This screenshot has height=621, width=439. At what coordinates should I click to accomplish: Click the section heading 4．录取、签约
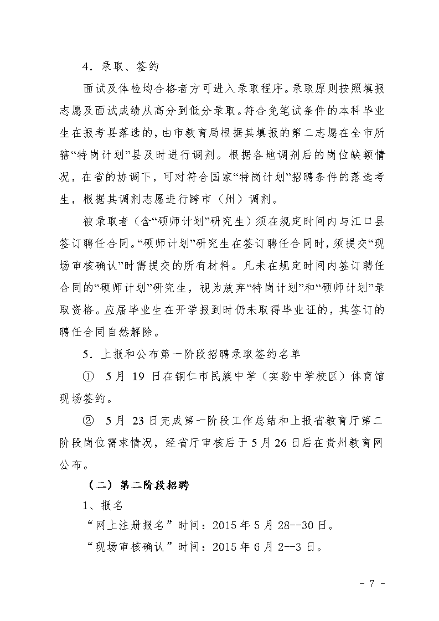click(121, 67)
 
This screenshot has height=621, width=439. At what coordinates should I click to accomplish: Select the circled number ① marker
click(88, 377)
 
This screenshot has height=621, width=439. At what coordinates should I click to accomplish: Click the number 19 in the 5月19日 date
click(138, 377)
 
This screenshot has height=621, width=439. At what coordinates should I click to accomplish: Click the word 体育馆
click(367, 377)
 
